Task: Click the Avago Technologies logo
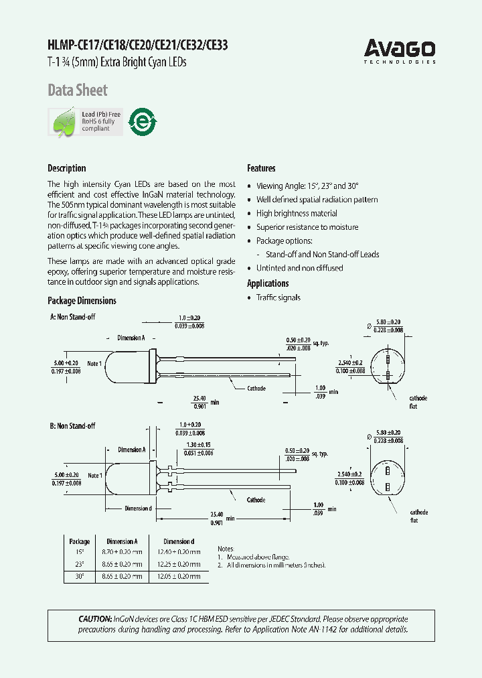(400, 51)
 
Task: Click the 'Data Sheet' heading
(77, 90)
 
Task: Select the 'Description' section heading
(66, 168)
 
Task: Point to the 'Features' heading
(261, 168)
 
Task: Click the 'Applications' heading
(268, 283)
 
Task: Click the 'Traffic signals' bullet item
(278, 297)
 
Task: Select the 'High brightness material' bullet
(297, 213)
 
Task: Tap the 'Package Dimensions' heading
(82, 301)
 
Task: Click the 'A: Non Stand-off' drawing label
(72, 316)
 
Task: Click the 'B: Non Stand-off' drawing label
(72, 426)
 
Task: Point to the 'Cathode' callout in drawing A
(256, 389)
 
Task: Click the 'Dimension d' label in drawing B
(138, 508)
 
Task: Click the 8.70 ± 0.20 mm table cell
(122, 552)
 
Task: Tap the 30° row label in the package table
(80, 576)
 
